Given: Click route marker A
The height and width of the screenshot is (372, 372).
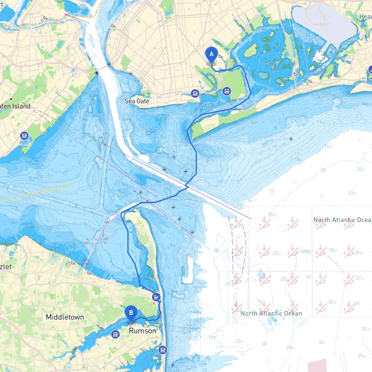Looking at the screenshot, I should point(212,54).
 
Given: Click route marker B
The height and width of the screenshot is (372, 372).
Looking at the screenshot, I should point(131,313).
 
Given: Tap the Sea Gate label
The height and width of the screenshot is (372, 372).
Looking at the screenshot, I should point(137,101).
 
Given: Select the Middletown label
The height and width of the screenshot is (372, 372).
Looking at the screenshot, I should point(65,317).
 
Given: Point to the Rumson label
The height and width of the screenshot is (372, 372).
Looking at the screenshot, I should point(142,331).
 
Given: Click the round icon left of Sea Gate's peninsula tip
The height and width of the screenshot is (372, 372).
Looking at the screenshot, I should point(195,94).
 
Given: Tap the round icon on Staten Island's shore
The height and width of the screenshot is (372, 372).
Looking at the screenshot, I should point(24,136).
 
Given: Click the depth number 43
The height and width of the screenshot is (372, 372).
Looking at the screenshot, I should point(321,342).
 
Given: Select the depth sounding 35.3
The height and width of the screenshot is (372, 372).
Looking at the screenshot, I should point(332,302).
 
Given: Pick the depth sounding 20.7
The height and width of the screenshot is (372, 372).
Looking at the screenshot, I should point(361,169).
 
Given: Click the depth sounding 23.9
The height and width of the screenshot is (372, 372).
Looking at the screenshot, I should point(352,193).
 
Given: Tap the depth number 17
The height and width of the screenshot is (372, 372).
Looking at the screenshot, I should point(272,192).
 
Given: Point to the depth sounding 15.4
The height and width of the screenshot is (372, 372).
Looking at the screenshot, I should point(328,146).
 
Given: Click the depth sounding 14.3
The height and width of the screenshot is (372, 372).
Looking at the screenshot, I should point(299,160).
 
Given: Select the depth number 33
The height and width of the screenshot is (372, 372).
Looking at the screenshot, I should point(308,277).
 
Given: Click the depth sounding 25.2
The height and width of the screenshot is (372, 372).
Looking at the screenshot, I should point(366,329).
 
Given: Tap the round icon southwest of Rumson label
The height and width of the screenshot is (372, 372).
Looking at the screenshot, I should point(115,334).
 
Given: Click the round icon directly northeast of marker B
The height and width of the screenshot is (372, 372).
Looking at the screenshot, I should point(156,297).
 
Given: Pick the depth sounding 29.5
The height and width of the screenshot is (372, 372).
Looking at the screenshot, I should point(290,348).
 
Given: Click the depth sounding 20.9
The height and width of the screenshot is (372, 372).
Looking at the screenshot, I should point(272,215).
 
